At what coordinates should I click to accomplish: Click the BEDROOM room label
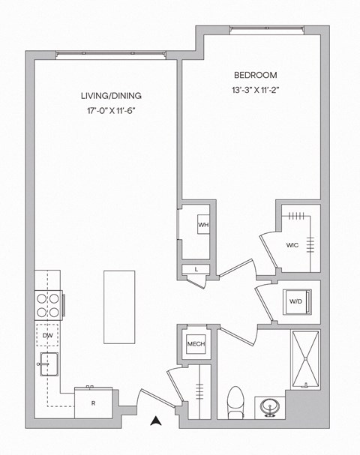pos(256,76)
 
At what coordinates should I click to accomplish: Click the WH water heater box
pos(202,225)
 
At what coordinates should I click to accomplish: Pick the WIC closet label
pos(292,245)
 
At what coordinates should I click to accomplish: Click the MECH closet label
pos(196,345)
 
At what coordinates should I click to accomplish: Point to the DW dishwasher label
pos(48,336)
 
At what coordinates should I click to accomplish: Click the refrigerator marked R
pos(93,403)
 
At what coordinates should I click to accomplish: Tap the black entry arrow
pos(156,421)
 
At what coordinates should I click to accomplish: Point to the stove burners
pos(47,304)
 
